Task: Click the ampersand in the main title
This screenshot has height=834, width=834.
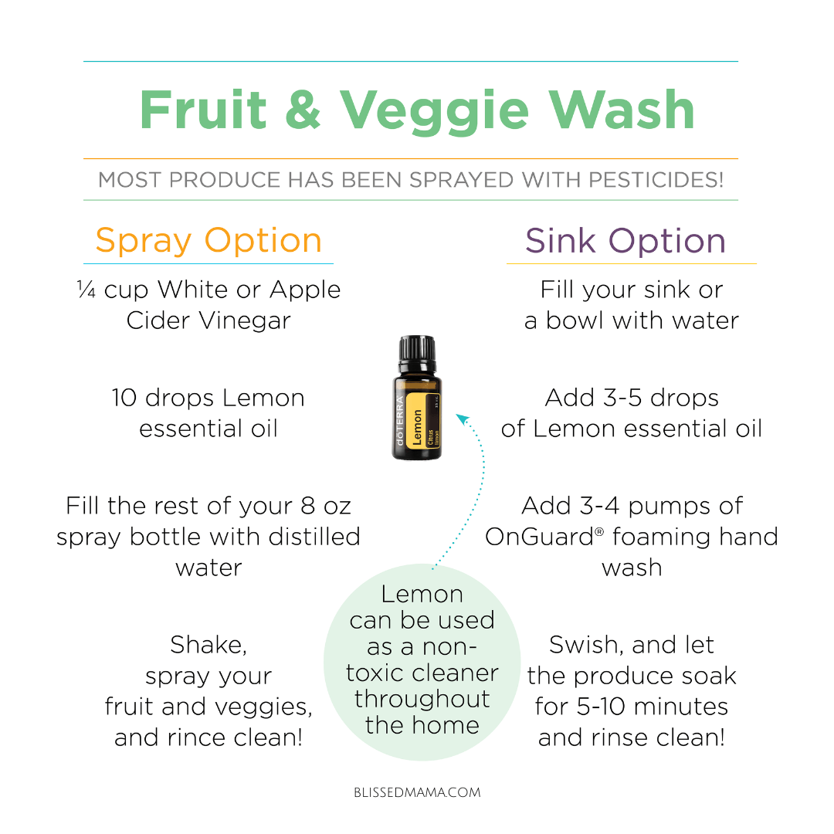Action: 303,110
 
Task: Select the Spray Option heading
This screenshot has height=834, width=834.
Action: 208,241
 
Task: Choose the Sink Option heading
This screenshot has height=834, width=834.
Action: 625,241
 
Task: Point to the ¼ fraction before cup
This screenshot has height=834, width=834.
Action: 86,290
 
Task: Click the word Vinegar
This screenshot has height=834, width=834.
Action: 246,320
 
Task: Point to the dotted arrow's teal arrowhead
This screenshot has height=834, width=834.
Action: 463,419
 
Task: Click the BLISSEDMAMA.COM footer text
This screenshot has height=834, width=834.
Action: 417,792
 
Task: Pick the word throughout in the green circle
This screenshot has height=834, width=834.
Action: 422,699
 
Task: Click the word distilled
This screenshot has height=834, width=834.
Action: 314,537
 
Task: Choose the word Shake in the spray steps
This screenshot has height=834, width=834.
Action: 208,645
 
